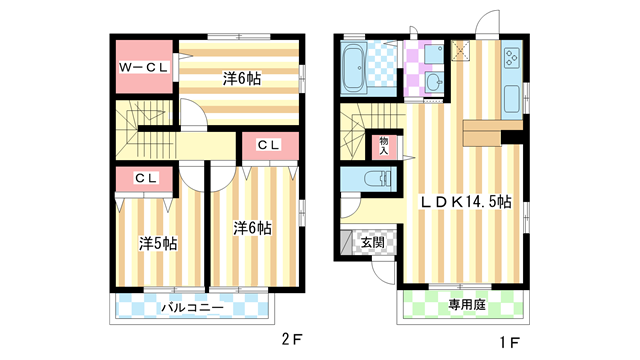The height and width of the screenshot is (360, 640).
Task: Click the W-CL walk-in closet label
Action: click(x=144, y=67)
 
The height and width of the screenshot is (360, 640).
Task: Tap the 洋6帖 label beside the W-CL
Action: click(x=240, y=78)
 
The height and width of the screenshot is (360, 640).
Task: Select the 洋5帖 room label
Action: click(x=157, y=243)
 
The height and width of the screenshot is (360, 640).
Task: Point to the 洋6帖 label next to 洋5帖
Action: click(x=252, y=228)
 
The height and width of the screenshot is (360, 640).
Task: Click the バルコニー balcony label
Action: click(x=193, y=307)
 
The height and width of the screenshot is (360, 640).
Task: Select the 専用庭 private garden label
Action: click(x=466, y=304)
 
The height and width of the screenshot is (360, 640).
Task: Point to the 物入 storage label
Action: click(x=384, y=147)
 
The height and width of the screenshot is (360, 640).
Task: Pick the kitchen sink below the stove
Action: click(x=511, y=80)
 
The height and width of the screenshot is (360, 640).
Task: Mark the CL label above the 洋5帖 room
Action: click(x=146, y=178)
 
